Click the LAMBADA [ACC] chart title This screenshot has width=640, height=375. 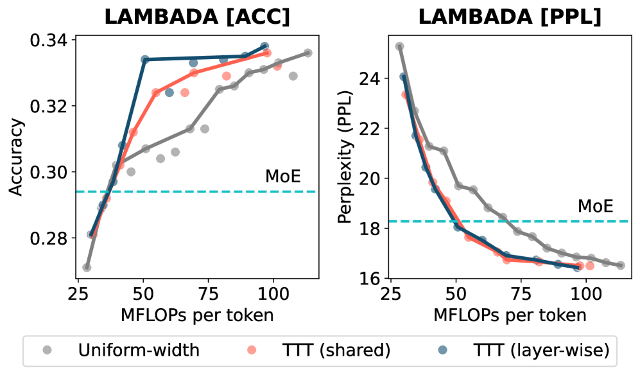[196, 17]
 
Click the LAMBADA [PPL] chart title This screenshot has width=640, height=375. [510, 17]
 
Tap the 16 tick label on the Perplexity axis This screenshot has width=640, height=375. [376, 278]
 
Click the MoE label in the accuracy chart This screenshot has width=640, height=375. [283, 177]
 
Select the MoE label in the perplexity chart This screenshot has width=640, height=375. [596, 207]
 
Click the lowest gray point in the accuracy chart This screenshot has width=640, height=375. [87, 267]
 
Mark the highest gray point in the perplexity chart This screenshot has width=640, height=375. [399, 46]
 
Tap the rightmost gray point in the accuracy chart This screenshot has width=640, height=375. [307, 53]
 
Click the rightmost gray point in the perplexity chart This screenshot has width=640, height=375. [621, 265]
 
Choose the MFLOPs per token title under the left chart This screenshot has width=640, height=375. [197, 315]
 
